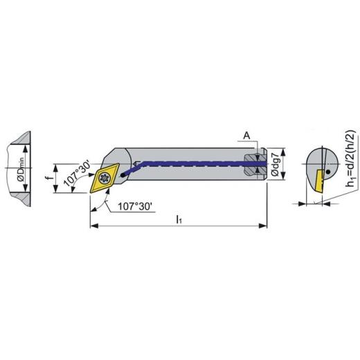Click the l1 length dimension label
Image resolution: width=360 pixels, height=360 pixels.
(x=179, y=219)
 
